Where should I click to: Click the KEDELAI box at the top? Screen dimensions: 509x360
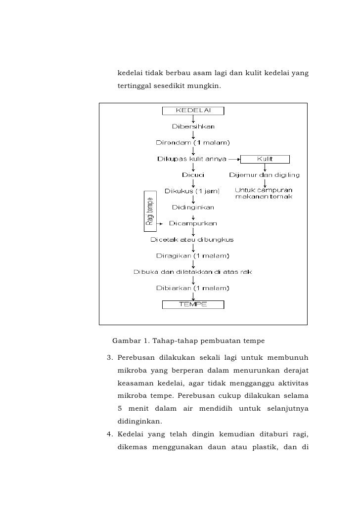pyautogui.click(x=193, y=111)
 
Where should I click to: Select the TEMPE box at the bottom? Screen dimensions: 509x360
pyautogui.click(x=193, y=304)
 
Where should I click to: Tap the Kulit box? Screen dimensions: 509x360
pyautogui.click(x=265, y=159)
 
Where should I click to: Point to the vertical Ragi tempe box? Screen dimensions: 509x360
pyautogui.click(x=150, y=211)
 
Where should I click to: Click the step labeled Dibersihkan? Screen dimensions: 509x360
pyautogui.click(x=193, y=127)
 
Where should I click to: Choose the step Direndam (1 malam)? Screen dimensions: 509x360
pyautogui.click(x=193, y=143)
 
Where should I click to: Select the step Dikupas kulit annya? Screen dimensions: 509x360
pyautogui.click(x=192, y=159)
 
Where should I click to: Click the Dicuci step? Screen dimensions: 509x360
pyautogui.click(x=193, y=175)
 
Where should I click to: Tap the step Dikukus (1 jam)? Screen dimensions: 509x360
pyautogui.click(x=192, y=191)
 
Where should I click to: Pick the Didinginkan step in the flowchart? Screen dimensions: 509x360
pyautogui.click(x=193, y=207)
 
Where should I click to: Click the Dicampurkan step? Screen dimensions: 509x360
pyautogui.click(x=193, y=223)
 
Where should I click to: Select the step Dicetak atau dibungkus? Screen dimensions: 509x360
pyautogui.click(x=192, y=240)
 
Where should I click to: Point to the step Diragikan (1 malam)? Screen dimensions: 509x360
pyautogui.click(x=192, y=256)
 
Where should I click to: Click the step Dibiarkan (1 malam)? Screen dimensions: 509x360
pyautogui.click(x=192, y=288)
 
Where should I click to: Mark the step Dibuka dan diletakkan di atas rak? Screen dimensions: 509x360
pyautogui.click(x=192, y=272)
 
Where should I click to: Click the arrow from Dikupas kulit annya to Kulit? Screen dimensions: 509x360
pyautogui.click(x=234, y=159)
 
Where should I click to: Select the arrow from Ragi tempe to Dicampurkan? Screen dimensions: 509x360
pyautogui.click(x=160, y=224)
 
